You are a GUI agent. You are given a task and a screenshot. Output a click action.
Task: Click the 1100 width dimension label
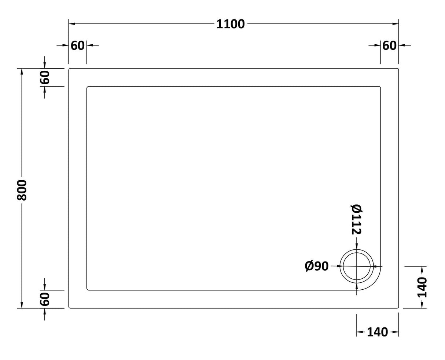pos(230,24)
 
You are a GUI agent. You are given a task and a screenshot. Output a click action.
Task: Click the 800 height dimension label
pos(22,190)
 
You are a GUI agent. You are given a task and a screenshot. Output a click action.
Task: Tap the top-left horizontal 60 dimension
pos(77,45)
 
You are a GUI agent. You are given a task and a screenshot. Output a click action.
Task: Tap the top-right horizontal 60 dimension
pos(389,45)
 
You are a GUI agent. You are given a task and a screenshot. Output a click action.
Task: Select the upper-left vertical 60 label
pos(44,77)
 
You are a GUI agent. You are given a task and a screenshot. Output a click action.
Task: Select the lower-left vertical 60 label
pos(44,299)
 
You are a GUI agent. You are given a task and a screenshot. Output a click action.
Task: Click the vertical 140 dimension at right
pos(422,287)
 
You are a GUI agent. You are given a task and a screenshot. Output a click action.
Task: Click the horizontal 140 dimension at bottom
pos(377,332)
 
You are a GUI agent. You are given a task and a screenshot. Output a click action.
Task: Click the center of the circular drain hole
pos(357,266)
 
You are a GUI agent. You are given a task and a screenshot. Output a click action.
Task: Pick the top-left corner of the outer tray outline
pos(70,69)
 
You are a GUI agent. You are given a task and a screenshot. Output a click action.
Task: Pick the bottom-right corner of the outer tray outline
pos(398,308)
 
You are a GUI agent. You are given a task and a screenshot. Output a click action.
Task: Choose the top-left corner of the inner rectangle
pos(87,87)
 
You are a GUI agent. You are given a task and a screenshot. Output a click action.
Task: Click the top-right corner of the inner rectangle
pos(380,87)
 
